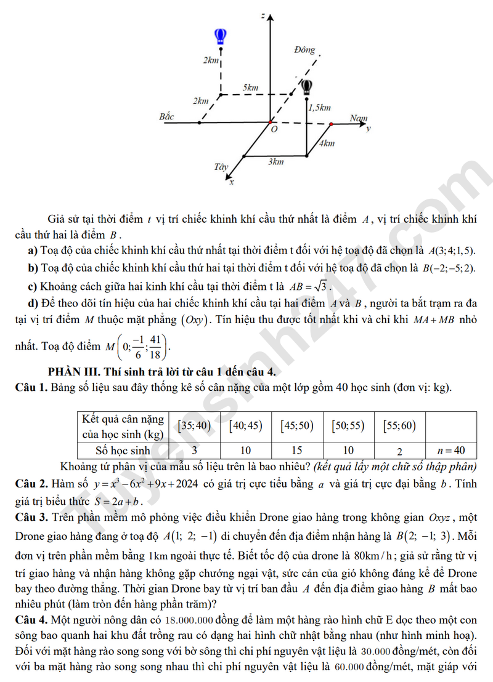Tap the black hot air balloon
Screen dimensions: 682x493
click(306, 86)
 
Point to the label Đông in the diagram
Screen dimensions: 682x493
click(304, 50)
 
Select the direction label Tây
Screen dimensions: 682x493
click(221, 167)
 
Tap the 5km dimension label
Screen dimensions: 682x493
click(250, 88)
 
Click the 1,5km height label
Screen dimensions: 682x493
click(319, 108)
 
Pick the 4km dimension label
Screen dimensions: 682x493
click(327, 143)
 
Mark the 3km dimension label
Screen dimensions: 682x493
click(275, 162)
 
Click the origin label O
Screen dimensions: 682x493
click(274, 130)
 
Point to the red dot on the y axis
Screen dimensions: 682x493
click(331, 124)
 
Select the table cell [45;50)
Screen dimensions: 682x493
click(297, 425)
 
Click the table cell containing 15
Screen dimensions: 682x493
click(297, 450)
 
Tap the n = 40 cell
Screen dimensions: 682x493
click(451, 450)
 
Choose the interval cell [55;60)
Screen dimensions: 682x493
click(399, 425)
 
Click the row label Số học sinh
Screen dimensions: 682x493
click(123, 450)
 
